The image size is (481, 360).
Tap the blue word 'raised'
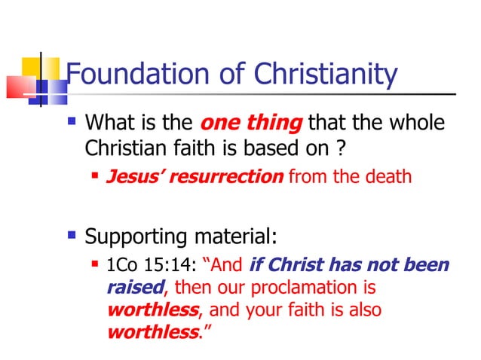click(x=134, y=288)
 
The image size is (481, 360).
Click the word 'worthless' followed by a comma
click(x=150, y=310)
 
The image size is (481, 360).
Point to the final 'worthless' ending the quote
click(x=150, y=331)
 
